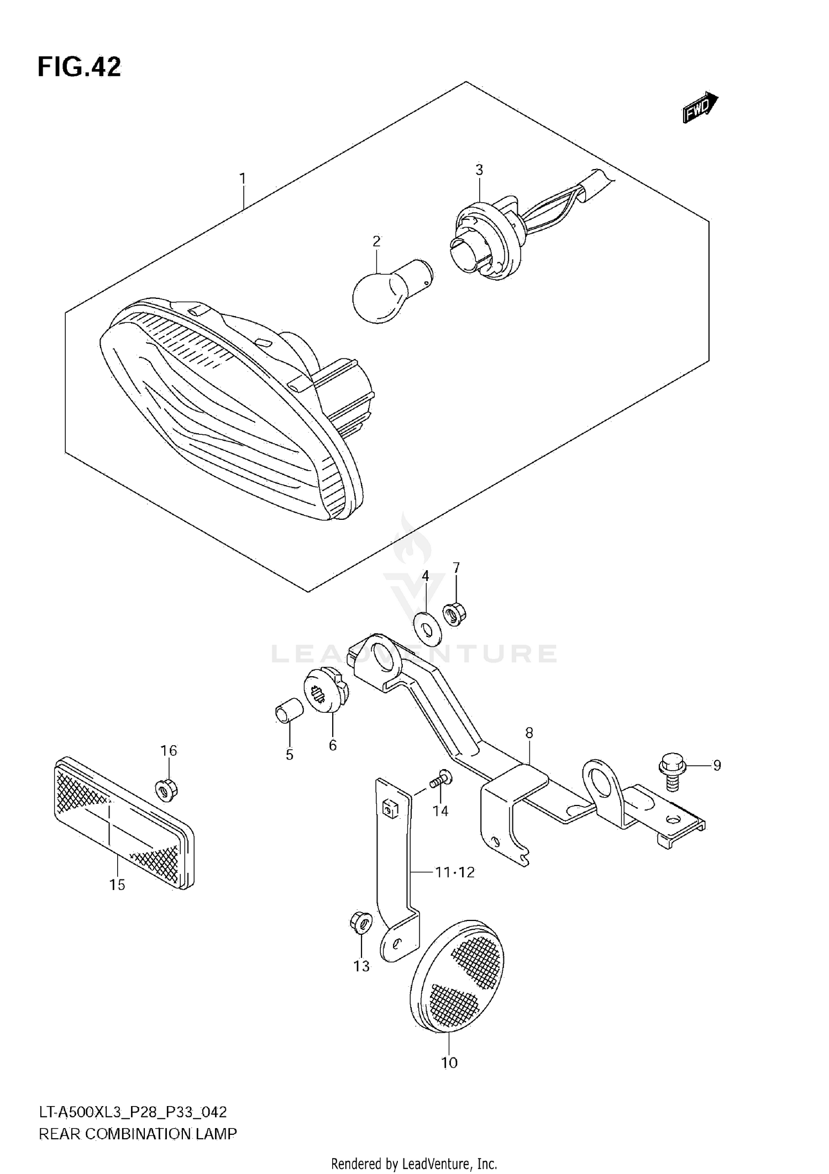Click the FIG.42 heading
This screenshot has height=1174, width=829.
pos(79,67)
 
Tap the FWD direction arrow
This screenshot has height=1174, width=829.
pos(700,107)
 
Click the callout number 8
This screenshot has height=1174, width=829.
pos(529,733)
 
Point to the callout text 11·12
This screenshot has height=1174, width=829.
pos(454,872)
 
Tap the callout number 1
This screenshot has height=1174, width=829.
pos(242,178)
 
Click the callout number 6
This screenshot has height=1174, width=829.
pos(332,745)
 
